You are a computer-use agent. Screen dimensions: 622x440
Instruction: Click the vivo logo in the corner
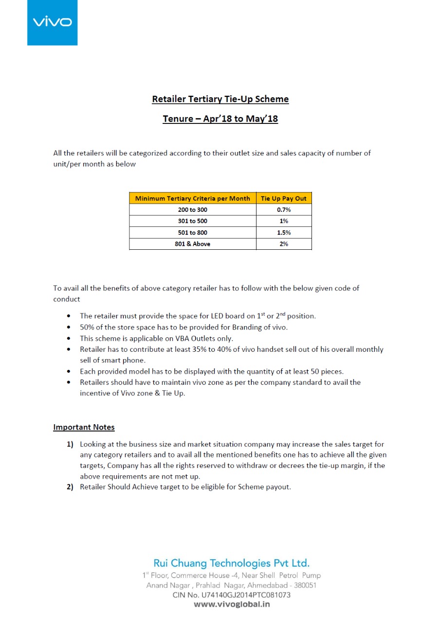[x=52, y=22]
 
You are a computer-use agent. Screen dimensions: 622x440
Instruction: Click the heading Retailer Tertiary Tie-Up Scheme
[x=220, y=99]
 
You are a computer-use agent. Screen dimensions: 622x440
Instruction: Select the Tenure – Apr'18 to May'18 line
[x=220, y=119]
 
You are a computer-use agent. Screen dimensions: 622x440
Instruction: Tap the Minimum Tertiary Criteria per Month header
[x=192, y=198]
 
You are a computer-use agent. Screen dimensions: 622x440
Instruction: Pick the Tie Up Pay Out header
[x=284, y=198]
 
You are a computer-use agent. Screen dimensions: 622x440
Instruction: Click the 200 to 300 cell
[x=192, y=210]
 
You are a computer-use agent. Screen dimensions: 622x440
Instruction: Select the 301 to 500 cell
[x=192, y=221]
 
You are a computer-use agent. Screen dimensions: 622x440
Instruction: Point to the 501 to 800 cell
[x=192, y=233]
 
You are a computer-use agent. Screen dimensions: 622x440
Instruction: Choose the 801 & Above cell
[x=192, y=244]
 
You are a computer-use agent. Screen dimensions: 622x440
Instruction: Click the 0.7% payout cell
[x=284, y=210]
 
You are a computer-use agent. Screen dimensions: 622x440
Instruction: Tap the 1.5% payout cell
[x=284, y=233]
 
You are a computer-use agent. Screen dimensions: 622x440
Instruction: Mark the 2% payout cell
[x=284, y=244]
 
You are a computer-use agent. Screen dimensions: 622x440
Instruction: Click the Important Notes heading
[x=84, y=428]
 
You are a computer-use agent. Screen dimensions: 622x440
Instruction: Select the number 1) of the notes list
[x=70, y=444]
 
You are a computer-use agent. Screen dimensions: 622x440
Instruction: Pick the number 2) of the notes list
[x=70, y=487]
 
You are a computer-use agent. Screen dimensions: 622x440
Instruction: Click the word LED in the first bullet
[x=218, y=316]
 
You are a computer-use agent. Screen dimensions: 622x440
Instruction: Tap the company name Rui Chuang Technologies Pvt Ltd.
[x=231, y=564]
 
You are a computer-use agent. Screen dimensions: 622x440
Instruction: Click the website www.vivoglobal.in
[x=232, y=605]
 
